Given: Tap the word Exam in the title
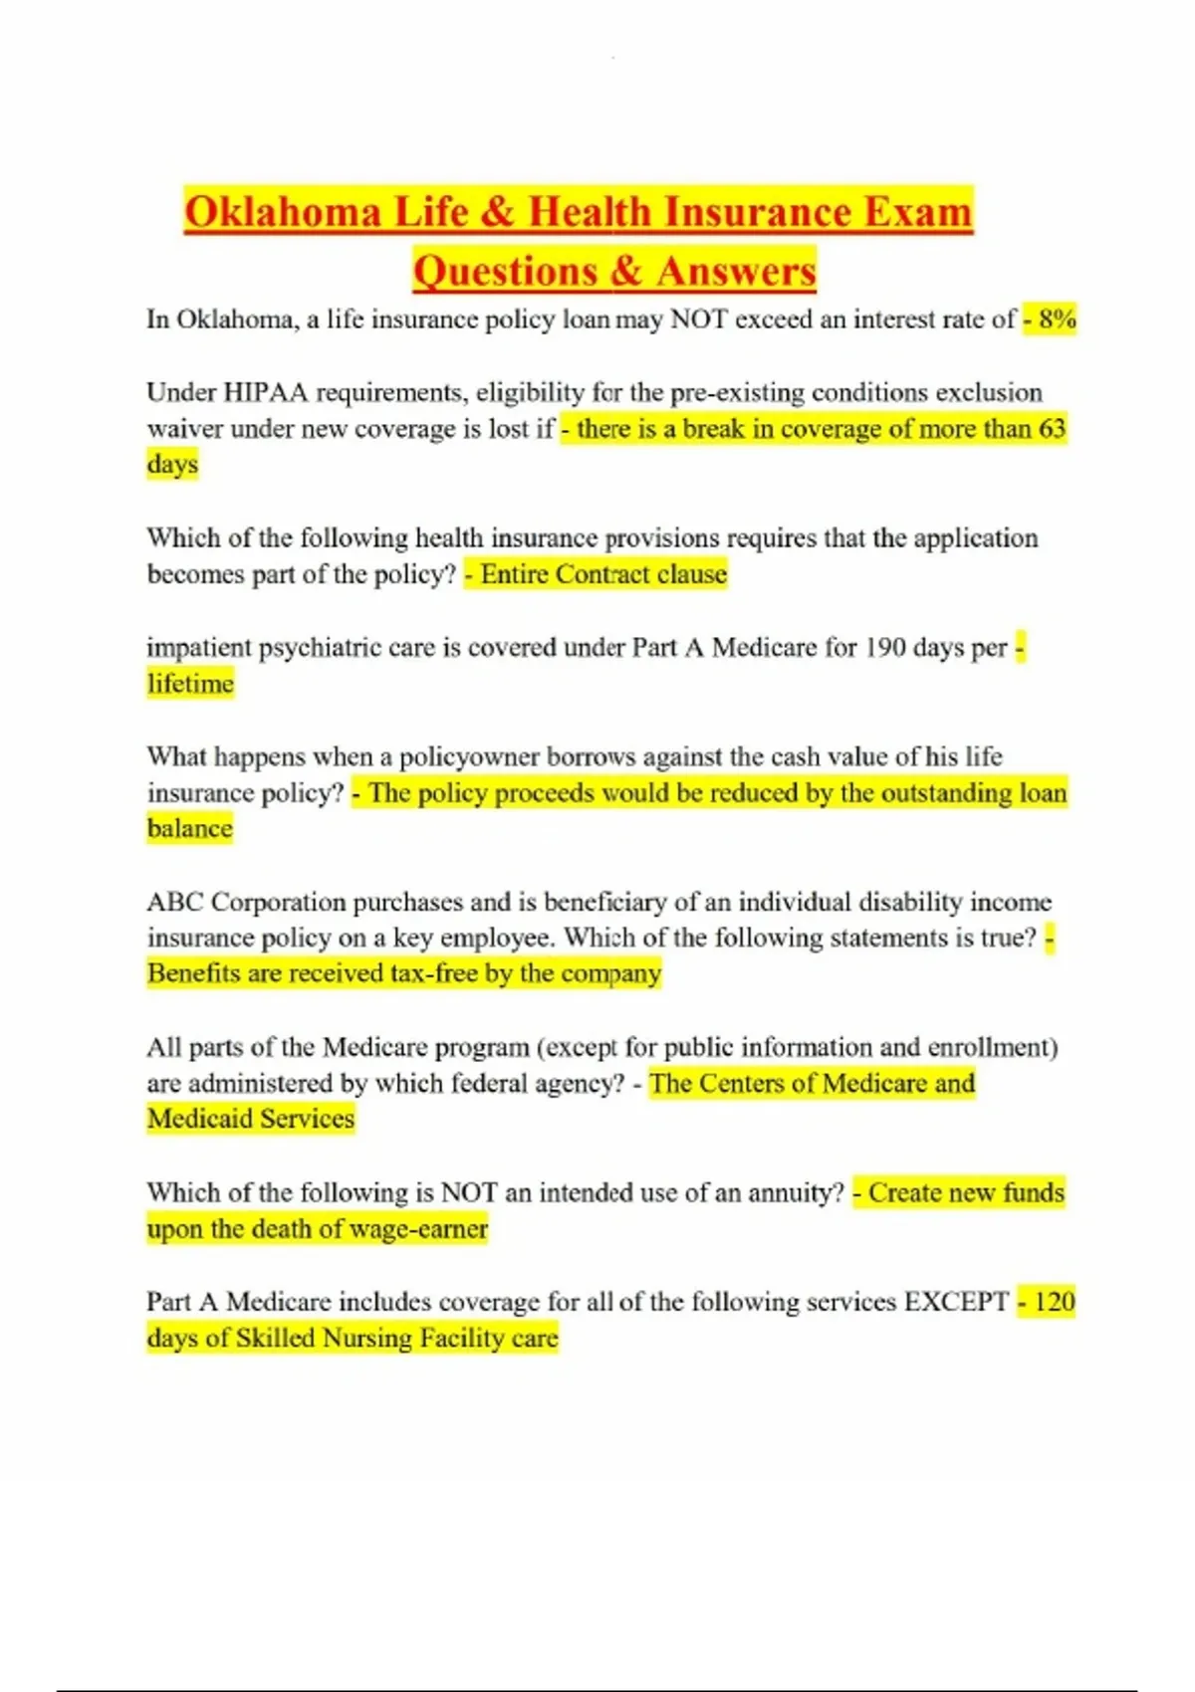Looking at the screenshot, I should tap(917, 212).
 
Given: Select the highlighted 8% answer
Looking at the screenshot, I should tap(1057, 319).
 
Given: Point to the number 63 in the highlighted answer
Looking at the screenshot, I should tap(1052, 429).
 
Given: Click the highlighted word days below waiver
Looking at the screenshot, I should tap(172, 465).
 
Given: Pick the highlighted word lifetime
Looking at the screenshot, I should tap(190, 684).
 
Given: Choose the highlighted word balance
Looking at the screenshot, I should tap(189, 829).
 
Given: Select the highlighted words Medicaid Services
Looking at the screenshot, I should tap(251, 1119).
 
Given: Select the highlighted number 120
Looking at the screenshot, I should tap(1054, 1302).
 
